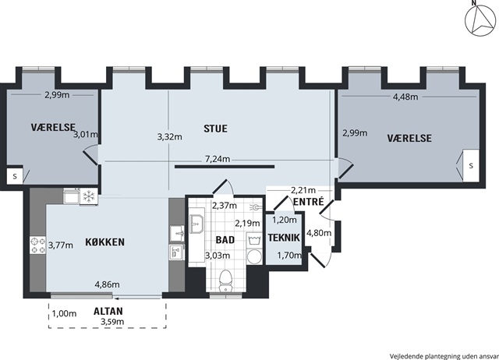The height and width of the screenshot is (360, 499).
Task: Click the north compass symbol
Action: [x=480, y=20]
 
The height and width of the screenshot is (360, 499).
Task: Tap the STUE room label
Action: [x=215, y=129]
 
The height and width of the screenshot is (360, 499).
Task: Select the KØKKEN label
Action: [x=104, y=242]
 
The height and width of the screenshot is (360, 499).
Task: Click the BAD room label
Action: [x=225, y=240]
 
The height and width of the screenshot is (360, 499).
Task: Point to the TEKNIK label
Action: [x=284, y=238]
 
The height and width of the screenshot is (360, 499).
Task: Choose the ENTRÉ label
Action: [x=309, y=202]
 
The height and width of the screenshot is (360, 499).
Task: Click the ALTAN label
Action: [x=108, y=311]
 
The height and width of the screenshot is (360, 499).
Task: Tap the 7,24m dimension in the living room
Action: [x=218, y=159]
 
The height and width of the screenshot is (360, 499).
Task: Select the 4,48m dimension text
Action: [x=405, y=97]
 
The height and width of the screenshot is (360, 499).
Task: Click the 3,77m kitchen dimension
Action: [x=61, y=245]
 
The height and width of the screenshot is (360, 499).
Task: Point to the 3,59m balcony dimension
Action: [x=112, y=322]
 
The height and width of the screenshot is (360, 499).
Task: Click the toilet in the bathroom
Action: [x=225, y=281]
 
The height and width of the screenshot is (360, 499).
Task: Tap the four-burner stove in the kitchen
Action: [x=38, y=245]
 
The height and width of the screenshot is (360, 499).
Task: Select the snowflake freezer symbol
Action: [x=88, y=196]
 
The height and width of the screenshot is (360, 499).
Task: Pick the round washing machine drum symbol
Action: [x=254, y=256]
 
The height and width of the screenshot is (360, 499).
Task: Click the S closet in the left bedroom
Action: [x=15, y=176]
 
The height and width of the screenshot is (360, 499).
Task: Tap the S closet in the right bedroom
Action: [x=471, y=166]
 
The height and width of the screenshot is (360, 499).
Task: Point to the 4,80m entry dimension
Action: [x=319, y=233]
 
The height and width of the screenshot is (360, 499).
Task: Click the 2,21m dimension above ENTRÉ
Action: [x=303, y=190]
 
